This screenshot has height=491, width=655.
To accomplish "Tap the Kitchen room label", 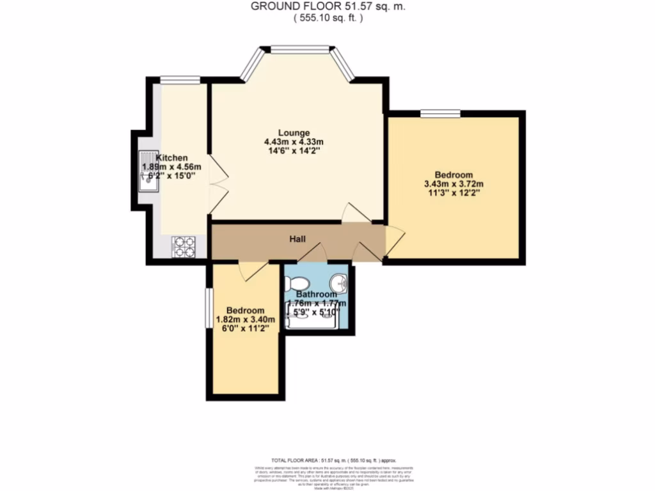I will tap(171, 157).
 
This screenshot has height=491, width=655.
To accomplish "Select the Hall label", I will tap(297, 239).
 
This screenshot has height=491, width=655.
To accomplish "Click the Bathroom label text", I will tap(317, 294).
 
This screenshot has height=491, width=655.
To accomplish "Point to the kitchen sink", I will tap(148, 172).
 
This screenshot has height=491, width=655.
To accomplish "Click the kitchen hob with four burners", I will tap(184, 247).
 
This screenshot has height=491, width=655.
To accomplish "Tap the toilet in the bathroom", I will tap(296, 283).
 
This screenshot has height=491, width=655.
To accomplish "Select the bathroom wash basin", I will tap(339, 281).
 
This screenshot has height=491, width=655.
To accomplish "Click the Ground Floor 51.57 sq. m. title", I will tap(328, 6).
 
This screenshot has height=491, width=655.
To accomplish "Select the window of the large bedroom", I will tap(440, 114).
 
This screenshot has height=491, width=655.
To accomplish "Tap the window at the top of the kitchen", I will tap(180, 80).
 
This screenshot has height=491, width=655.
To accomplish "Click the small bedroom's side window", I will tap(209, 309).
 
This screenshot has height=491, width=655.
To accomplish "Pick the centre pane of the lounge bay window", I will tap(299, 49).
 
